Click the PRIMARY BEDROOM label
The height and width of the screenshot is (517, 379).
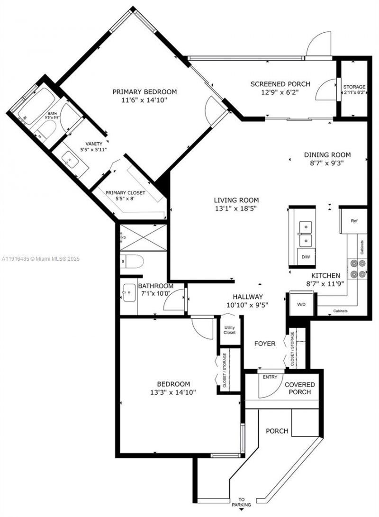coord(144,92)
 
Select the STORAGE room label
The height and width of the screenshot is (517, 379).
coord(354,87)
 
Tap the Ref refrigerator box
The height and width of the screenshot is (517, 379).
coord(354,221)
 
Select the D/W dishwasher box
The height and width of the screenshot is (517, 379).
coord(306,257)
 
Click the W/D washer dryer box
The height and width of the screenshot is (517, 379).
coord(301,304)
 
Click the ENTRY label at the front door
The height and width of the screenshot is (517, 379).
coord(270,377)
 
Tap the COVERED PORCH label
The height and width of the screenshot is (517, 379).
coord(299,388)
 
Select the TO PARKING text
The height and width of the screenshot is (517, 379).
coord(242,502)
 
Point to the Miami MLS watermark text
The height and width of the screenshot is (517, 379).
coord(41,259)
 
